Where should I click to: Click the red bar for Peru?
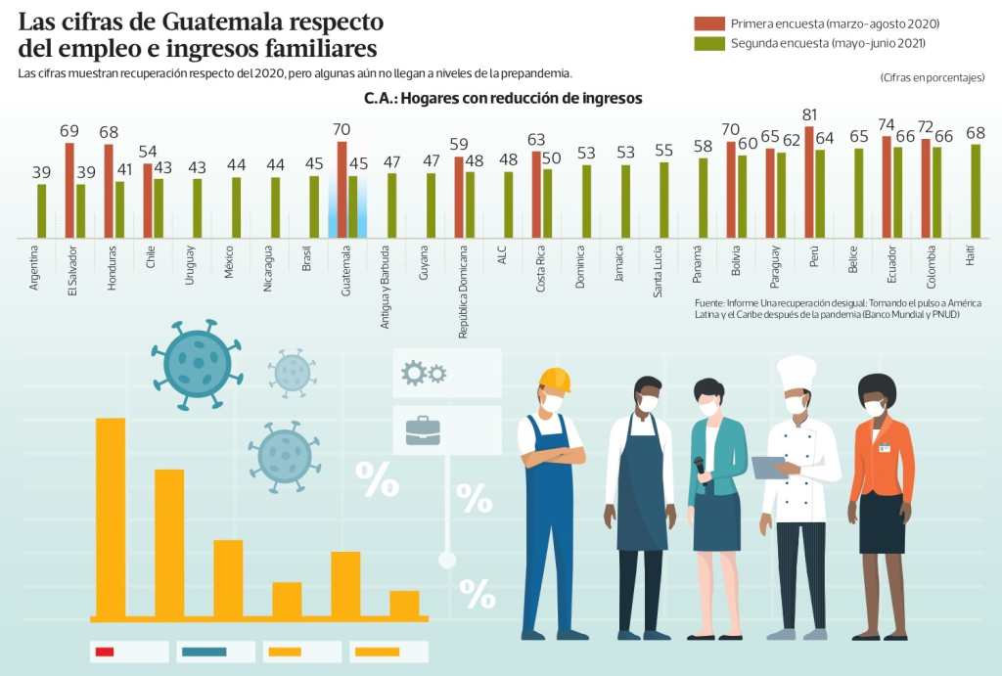click(x=809, y=182)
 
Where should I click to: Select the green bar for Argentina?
click(x=42, y=210)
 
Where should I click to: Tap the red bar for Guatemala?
click(x=342, y=189)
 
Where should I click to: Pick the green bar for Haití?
click(x=976, y=191)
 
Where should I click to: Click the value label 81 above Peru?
click(x=809, y=115)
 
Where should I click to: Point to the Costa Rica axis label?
click(x=540, y=268)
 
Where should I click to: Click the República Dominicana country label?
click(x=462, y=292)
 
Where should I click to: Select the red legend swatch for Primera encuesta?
click(x=708, y=23)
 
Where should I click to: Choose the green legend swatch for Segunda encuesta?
click(x=708, y=43)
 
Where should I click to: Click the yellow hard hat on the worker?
click(x=555, y=379)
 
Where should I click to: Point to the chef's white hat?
click(x=796, y=372)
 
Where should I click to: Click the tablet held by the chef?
click(x=768, y=467)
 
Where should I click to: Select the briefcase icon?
click(x=423, y=430)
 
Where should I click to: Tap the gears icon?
click(x=424, y=372)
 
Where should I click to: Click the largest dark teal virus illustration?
click(x=198, y=364)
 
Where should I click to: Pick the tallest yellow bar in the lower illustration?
click(x=110, y=518)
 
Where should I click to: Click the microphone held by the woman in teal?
click(x=701, y=471)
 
